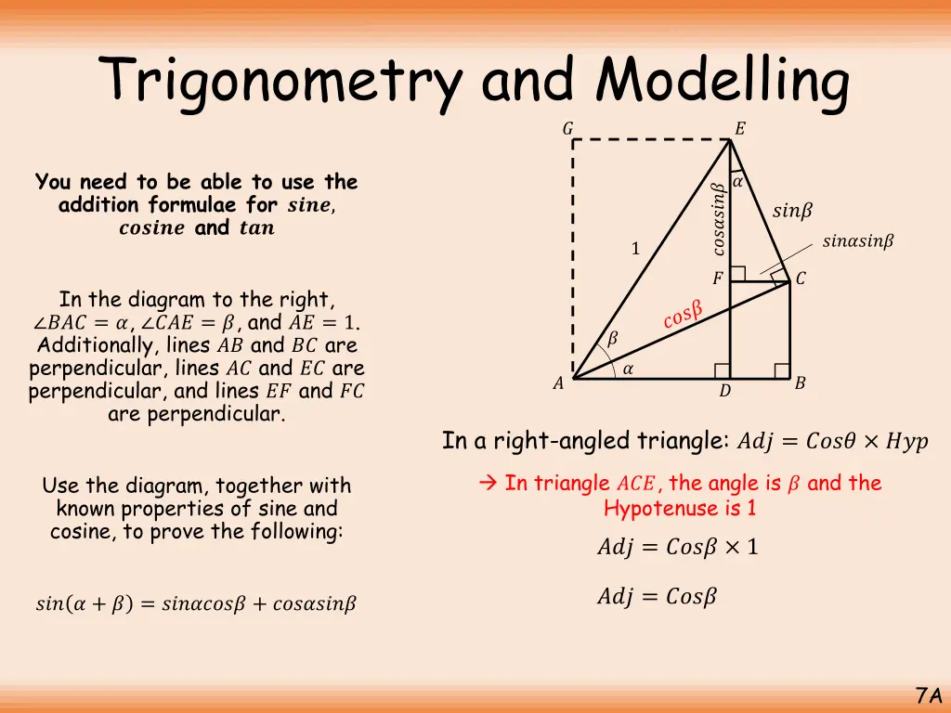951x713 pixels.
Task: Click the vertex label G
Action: point(567,129)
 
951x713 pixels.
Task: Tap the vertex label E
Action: point(739,129)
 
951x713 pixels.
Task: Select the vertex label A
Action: point(558,383)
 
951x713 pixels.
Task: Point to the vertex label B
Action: point(800,382)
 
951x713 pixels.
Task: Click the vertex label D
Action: point(724,392)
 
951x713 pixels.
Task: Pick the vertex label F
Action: point(717,279)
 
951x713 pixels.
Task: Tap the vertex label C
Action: point(801,279)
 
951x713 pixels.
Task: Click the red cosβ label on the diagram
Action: point(683,314)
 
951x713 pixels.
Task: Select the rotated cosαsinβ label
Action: point(718,218)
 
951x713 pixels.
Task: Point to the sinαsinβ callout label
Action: point(858,242)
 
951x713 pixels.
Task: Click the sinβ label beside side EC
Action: point(792,212)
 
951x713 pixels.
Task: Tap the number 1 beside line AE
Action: point(635,249)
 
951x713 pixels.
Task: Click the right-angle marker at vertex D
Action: point(723,370)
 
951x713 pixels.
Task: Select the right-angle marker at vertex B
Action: point(781,370)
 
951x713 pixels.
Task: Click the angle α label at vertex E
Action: point(737,183)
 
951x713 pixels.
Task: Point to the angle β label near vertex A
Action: point(611,340)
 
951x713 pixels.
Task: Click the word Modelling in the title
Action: point(722,82)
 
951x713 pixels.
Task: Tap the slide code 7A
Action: point(929,695)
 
